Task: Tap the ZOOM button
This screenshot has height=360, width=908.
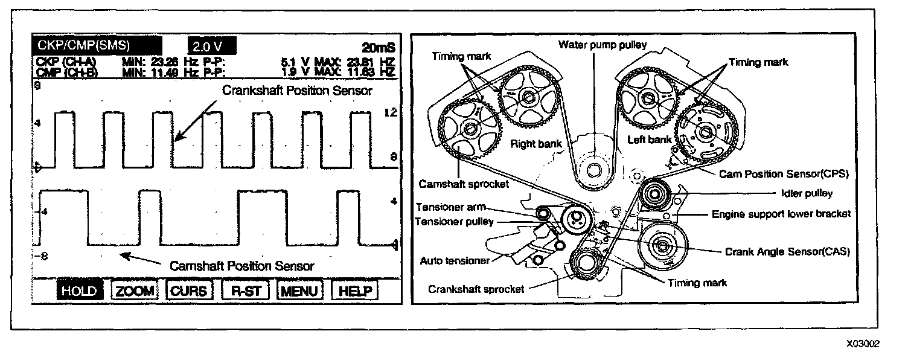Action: click(x=135, y=291)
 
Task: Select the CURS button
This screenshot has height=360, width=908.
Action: click(x=189, y=291)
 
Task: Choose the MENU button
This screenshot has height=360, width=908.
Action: click(x=299, y=291)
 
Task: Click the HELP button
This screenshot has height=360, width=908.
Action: click(x=354, y=291)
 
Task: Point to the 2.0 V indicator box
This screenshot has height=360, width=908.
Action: click(x=211, y=47)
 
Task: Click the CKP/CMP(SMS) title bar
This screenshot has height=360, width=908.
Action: click(x=97, y=45)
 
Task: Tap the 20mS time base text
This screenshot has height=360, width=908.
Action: click(x=378, y=48)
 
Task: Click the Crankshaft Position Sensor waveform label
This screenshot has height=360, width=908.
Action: click(x=297, y=91)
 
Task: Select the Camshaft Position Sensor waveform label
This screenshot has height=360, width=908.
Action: click(x=242, y=265)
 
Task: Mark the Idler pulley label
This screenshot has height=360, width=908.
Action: click(x=802, y=193)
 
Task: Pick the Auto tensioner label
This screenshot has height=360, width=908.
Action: click(x=454, y=261)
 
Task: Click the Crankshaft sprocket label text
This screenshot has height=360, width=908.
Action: click(x=476, y=289)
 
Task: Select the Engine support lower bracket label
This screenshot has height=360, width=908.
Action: click(x=781, y=213)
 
